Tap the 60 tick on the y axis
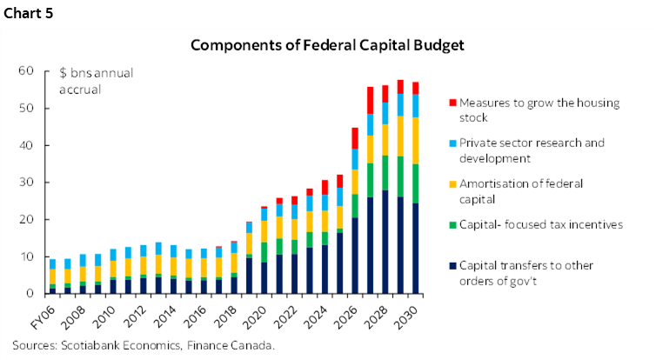point(27,70)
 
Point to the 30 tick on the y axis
point(27,183)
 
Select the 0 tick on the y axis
point(30,294)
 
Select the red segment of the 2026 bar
point(355,137)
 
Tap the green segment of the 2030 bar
point(416,183)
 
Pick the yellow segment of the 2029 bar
point(400,136)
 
